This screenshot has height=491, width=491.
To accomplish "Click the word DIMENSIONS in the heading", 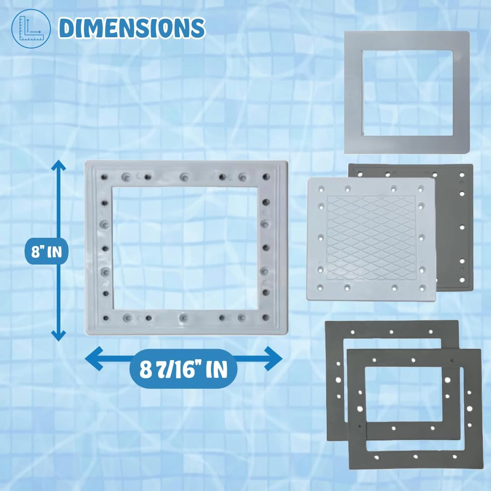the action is pos(132,28).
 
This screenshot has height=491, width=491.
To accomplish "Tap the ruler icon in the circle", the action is pos(31,29).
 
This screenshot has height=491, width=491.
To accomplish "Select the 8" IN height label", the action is pos(47,251).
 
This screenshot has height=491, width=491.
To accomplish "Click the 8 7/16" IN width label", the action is pos(184,369).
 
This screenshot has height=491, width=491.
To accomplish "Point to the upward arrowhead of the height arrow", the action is pos(58,166).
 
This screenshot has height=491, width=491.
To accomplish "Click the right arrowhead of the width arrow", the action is pos(273,359).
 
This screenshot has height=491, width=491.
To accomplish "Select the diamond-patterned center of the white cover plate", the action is pos(371,238).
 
